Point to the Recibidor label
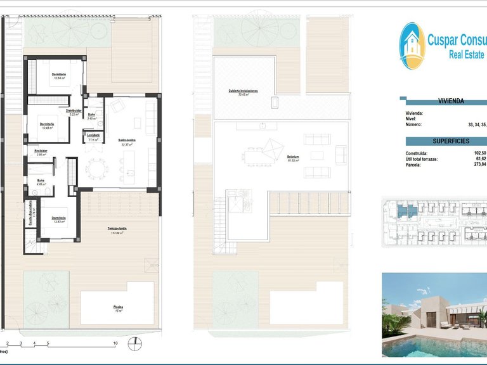(x=41, y=151)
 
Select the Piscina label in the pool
(x=118, y=307)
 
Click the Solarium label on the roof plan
(x=292, y=155)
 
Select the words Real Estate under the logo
(x=466, y=55)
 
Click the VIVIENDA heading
(x=451, y=101)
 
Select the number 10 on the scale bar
(x=115, y=343)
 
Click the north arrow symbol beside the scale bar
(x=135, y=344)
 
